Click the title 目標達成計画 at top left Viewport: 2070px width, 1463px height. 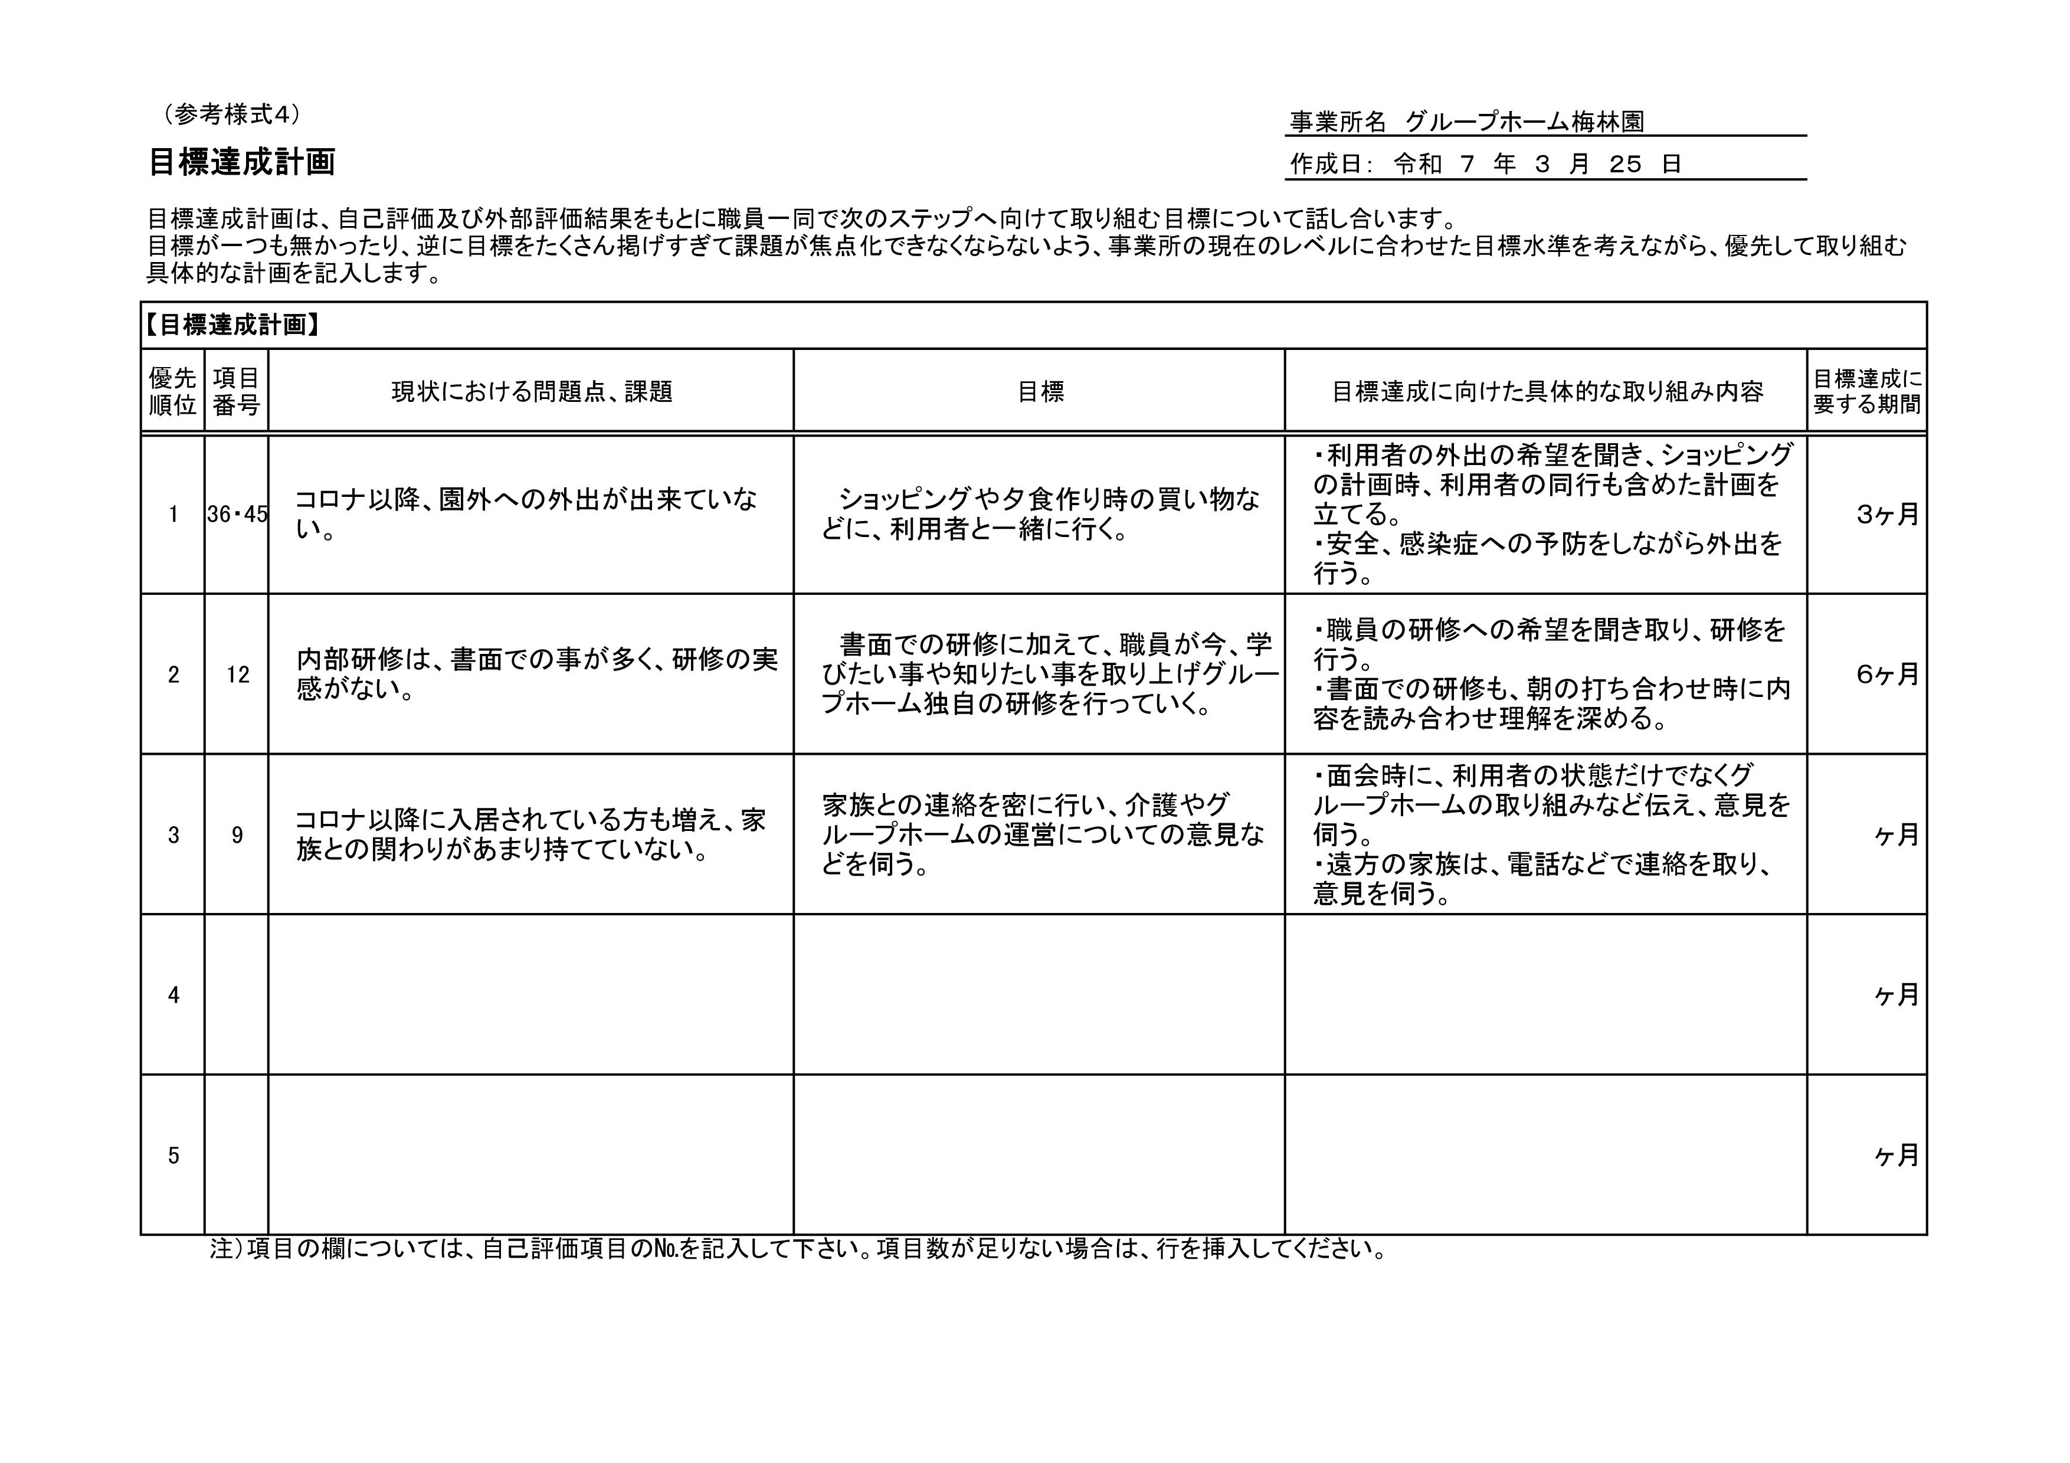tap(241, 163)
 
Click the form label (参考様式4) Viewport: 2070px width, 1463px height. tap(232, 114)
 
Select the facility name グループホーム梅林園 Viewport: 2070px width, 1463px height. tap(1524, 122)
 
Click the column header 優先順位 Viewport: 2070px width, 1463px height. tap(172, 391)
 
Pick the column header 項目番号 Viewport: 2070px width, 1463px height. tap(236, 391)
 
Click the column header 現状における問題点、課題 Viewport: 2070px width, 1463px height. tap(531, 391)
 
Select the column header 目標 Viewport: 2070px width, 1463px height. tap(1040, 391)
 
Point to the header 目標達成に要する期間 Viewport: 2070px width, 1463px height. tap(1866, 391)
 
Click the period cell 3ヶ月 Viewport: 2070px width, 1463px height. tap(1887, 515)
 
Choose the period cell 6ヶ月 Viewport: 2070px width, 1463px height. tap(1887, 675)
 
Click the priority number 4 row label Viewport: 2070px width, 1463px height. tap(173, 995)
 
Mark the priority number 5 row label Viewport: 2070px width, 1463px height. tap(173, 1156)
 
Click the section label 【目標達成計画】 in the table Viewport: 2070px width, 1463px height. tap(232, 325)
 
